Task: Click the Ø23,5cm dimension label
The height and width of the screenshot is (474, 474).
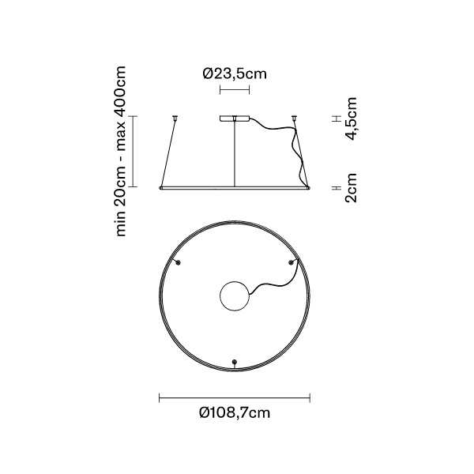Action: [x=235, y=73]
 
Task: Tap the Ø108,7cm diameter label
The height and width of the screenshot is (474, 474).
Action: [x=235, y=412]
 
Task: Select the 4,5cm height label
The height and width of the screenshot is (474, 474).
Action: [x=351, y=118]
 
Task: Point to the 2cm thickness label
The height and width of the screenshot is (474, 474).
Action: [x=351, y=188]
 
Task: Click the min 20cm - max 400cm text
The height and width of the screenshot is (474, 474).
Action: [x=120, y=151]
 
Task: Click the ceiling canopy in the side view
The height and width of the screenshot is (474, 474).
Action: [x=235, y=118]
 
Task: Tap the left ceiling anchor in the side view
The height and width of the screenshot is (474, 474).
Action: [x=175, y=117]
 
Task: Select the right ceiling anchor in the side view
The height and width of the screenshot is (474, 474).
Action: [x=294, y=117]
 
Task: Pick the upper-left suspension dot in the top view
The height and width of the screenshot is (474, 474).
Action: [x=178, y=262]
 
